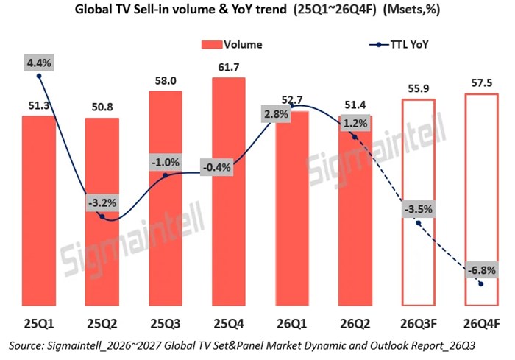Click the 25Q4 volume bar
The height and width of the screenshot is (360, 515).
click(x=229, y=191)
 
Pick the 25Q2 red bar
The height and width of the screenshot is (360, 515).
click(x=102, y=212)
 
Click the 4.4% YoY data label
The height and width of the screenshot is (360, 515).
click(x=39, y=63)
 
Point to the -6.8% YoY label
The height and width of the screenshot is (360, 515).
click(x=481, y=270)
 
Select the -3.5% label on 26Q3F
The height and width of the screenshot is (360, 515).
click(x=419, y=209)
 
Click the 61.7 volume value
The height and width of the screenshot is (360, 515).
click(x=229, y=68)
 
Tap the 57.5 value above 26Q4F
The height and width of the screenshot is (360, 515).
click(x=482, y=83)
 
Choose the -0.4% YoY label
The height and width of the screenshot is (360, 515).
click(x=217, y=167)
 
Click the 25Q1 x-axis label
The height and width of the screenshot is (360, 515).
click(x=39, y=324)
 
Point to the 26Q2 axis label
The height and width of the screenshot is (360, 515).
click(x=355, y=324)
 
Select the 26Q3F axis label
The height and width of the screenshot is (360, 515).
click(x=419, y=324)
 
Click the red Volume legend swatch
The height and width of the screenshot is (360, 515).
click(x=212, y=45)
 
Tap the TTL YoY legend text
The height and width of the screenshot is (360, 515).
click(x=409, y=44)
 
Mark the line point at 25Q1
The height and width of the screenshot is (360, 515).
click(x=39, y=76)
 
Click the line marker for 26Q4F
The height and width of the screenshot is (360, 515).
click(x=481, y=283)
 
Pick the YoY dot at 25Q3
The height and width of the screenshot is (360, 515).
click(x=166, y=176)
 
